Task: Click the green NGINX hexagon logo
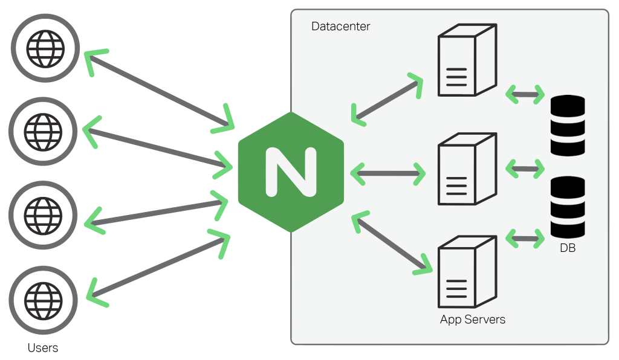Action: [x=291, y=172]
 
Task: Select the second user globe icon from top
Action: [x=43, y=130]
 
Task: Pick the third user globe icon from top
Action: [x=43, y=214]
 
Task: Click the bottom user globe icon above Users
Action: [x=43, y=298]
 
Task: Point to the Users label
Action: [x=43, y=348]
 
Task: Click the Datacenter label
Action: [x=340, y=27]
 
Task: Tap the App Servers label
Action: [x=472, y=320]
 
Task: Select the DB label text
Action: [x=567, y=247]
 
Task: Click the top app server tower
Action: [x=466, y=60]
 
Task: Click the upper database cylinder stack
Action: [x=568, y=125]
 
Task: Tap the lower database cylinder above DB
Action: [x=568, y=207]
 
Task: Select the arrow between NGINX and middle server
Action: [x=387, y=173]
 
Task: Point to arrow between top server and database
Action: [x=524, y=94]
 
